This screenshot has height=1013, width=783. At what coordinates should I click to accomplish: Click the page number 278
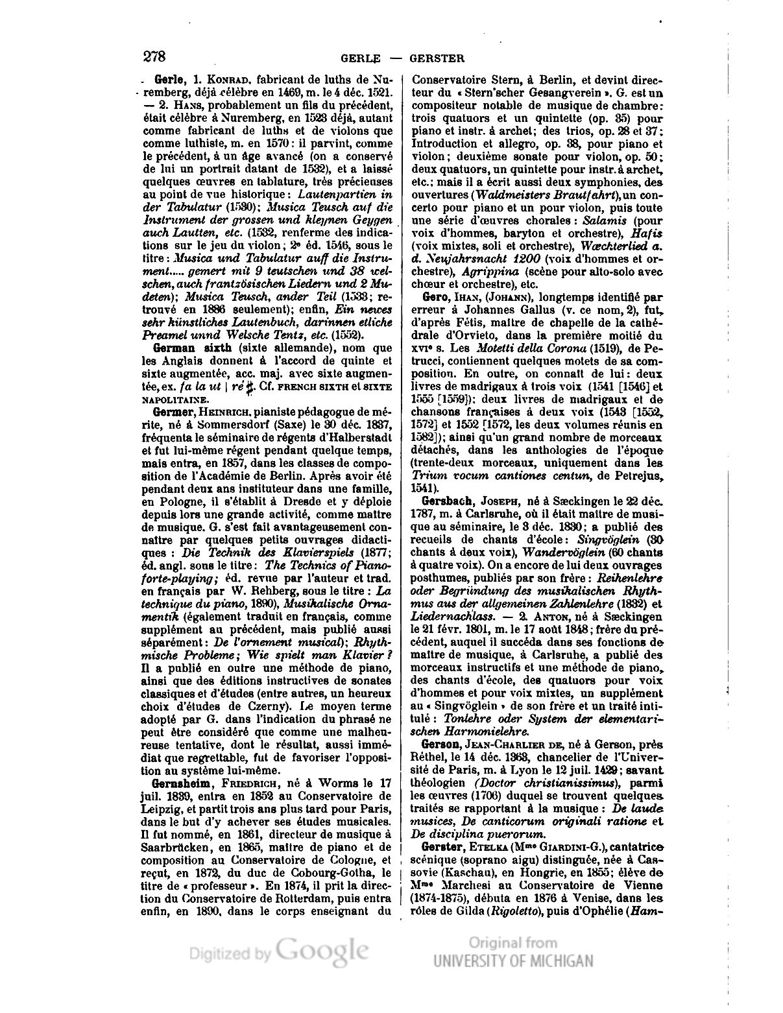pos(155,56)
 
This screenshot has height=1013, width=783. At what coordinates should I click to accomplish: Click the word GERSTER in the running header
pos(437,58)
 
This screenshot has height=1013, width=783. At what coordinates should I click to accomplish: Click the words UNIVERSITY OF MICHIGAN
pos(513,960)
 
